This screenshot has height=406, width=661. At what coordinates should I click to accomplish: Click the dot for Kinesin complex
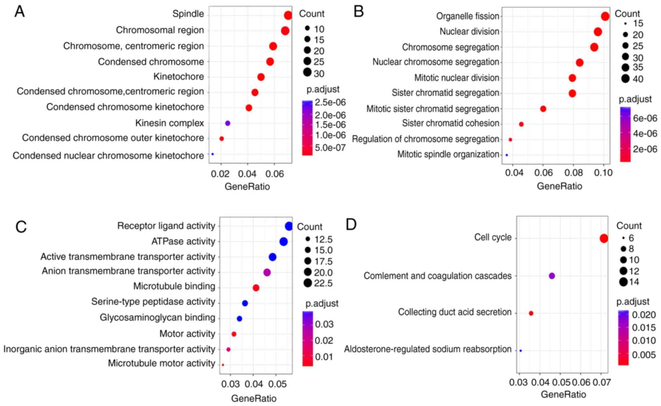tap(228, 123)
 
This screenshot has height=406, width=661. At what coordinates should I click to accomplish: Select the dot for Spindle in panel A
tap(288, 15)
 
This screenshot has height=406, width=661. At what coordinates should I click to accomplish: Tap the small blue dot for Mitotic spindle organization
tap(507, 155)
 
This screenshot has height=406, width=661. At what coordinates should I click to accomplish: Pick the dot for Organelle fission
tap(605, 16)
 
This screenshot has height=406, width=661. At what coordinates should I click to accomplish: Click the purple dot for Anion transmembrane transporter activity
tap(267, 273)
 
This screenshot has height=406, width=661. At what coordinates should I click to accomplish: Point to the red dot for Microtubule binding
tap(256, 288)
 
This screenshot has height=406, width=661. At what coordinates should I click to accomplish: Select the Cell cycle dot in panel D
tap(604, 239)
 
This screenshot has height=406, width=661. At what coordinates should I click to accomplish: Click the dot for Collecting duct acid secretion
tap(531, 314)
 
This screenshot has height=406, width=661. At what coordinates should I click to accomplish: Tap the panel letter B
tap(358, 12)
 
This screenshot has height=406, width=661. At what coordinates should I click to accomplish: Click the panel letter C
tap(21, 227)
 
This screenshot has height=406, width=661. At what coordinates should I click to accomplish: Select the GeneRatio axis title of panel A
tap(247, 187)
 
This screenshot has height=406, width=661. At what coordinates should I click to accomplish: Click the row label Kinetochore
tap(179, 77)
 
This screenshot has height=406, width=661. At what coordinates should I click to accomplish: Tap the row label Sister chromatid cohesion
tap(451, 123)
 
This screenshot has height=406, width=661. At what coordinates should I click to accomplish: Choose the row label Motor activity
tap(187, 334)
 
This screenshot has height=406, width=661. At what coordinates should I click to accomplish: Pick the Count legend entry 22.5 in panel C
tap(323, 284)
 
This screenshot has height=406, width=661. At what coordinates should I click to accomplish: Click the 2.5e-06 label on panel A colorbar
tap(330, 103)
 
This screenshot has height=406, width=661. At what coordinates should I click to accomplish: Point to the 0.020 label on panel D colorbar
tap(644, 315)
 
